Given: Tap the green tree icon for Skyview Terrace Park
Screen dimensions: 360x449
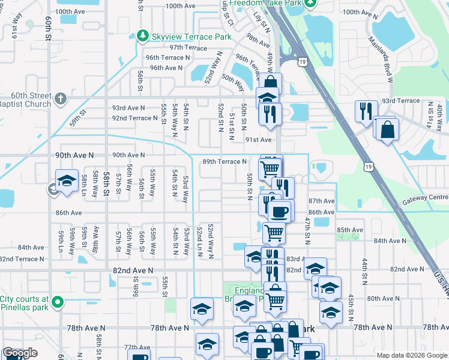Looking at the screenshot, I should click(x=143, y=36).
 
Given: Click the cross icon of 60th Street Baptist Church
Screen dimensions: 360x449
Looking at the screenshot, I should click(x=60, y=98).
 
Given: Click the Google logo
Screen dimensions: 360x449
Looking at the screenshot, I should click(x=20, y=353).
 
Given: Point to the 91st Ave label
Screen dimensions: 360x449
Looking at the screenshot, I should click(x=259, y=140).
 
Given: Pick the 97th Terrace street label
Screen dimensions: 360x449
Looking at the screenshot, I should click(x=188, y=47).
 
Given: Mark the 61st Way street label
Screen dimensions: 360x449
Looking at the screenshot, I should click(x=19, y=22).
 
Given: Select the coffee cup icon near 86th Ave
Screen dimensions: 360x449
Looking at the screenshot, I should click(x=280, y=212).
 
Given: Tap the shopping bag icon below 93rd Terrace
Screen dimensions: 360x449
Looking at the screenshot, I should click(x=388, y=129).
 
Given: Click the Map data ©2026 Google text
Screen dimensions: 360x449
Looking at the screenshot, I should click(x=412, y=355).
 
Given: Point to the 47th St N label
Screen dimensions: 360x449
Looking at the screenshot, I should click(x=307, y=230).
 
